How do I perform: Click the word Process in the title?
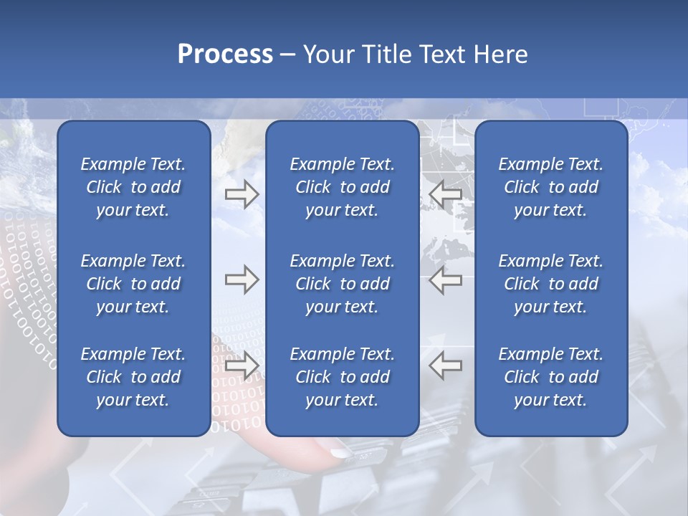225,54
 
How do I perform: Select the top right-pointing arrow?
242,195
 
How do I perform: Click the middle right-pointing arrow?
242,280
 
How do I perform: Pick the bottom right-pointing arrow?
242,365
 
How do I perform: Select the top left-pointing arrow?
445,195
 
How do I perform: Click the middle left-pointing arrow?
445,280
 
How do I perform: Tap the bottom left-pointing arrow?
445,365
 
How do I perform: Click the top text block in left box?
133,187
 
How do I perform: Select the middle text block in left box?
133,284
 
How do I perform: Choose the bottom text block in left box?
133,377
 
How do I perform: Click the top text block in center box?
342,187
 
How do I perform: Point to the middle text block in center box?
342,284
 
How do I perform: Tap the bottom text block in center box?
342,377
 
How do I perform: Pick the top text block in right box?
550,187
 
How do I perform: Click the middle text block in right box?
550,284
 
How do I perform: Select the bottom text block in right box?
550,377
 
